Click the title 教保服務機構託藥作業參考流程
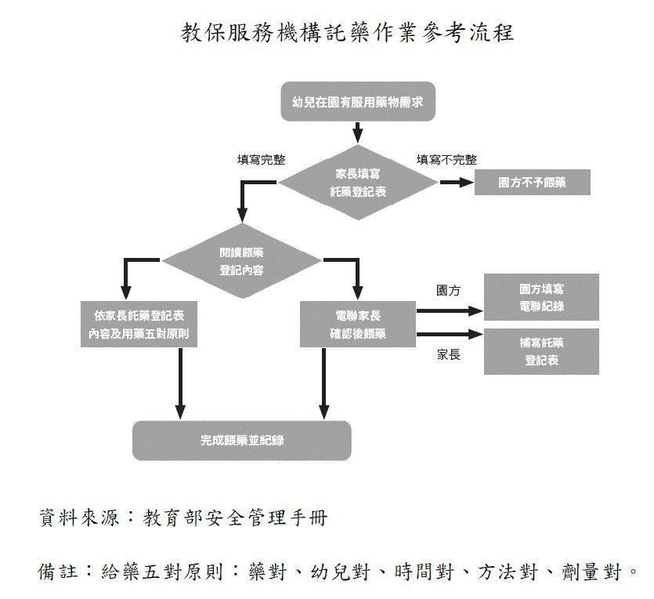pos(347,34)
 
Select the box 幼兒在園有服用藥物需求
pos(357,102)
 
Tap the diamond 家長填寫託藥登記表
pos(358,182)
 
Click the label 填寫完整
pos(261,160)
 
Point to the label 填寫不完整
pos(446,160)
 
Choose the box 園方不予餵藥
pos(532,183)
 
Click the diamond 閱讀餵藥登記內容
pos(241,260)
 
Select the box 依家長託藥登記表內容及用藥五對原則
pos(139,325)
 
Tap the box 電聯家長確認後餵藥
pos(357,325)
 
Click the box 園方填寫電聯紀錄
pos(541,297)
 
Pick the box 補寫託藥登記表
pos(541,351)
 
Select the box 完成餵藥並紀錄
pos(241,440)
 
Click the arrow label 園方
pos(448,291)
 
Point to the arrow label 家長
pos(448,354)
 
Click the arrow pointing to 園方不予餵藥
pos(456,183)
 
